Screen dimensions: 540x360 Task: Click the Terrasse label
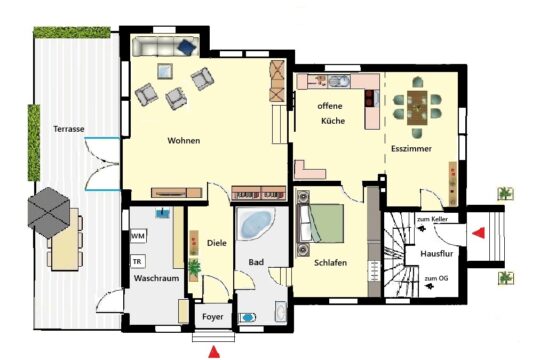[69, 129]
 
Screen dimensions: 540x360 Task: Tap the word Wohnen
[184, 141]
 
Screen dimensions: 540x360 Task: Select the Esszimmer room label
[411, 149]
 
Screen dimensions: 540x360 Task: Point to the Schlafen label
[330, 263]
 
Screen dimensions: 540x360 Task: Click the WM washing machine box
[138, 236]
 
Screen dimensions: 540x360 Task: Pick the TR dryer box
[137, 262]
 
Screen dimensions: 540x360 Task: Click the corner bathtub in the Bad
[256, 224]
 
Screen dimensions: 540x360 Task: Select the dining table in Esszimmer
[417, 107]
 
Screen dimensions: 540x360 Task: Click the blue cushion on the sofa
[186, 47]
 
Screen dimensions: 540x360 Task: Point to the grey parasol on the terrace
[49, 212]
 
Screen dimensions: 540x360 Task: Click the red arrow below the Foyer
[214, 351]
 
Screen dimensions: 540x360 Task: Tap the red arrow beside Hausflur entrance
[479, 233]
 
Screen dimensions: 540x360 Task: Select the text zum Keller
[432, 219]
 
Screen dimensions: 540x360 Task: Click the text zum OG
[436, 278]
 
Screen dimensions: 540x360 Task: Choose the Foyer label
[212, 317]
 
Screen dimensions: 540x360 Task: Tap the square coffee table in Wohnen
[165, 71]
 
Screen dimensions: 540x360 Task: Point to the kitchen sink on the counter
[339, 81]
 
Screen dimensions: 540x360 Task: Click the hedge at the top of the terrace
[72, 32]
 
